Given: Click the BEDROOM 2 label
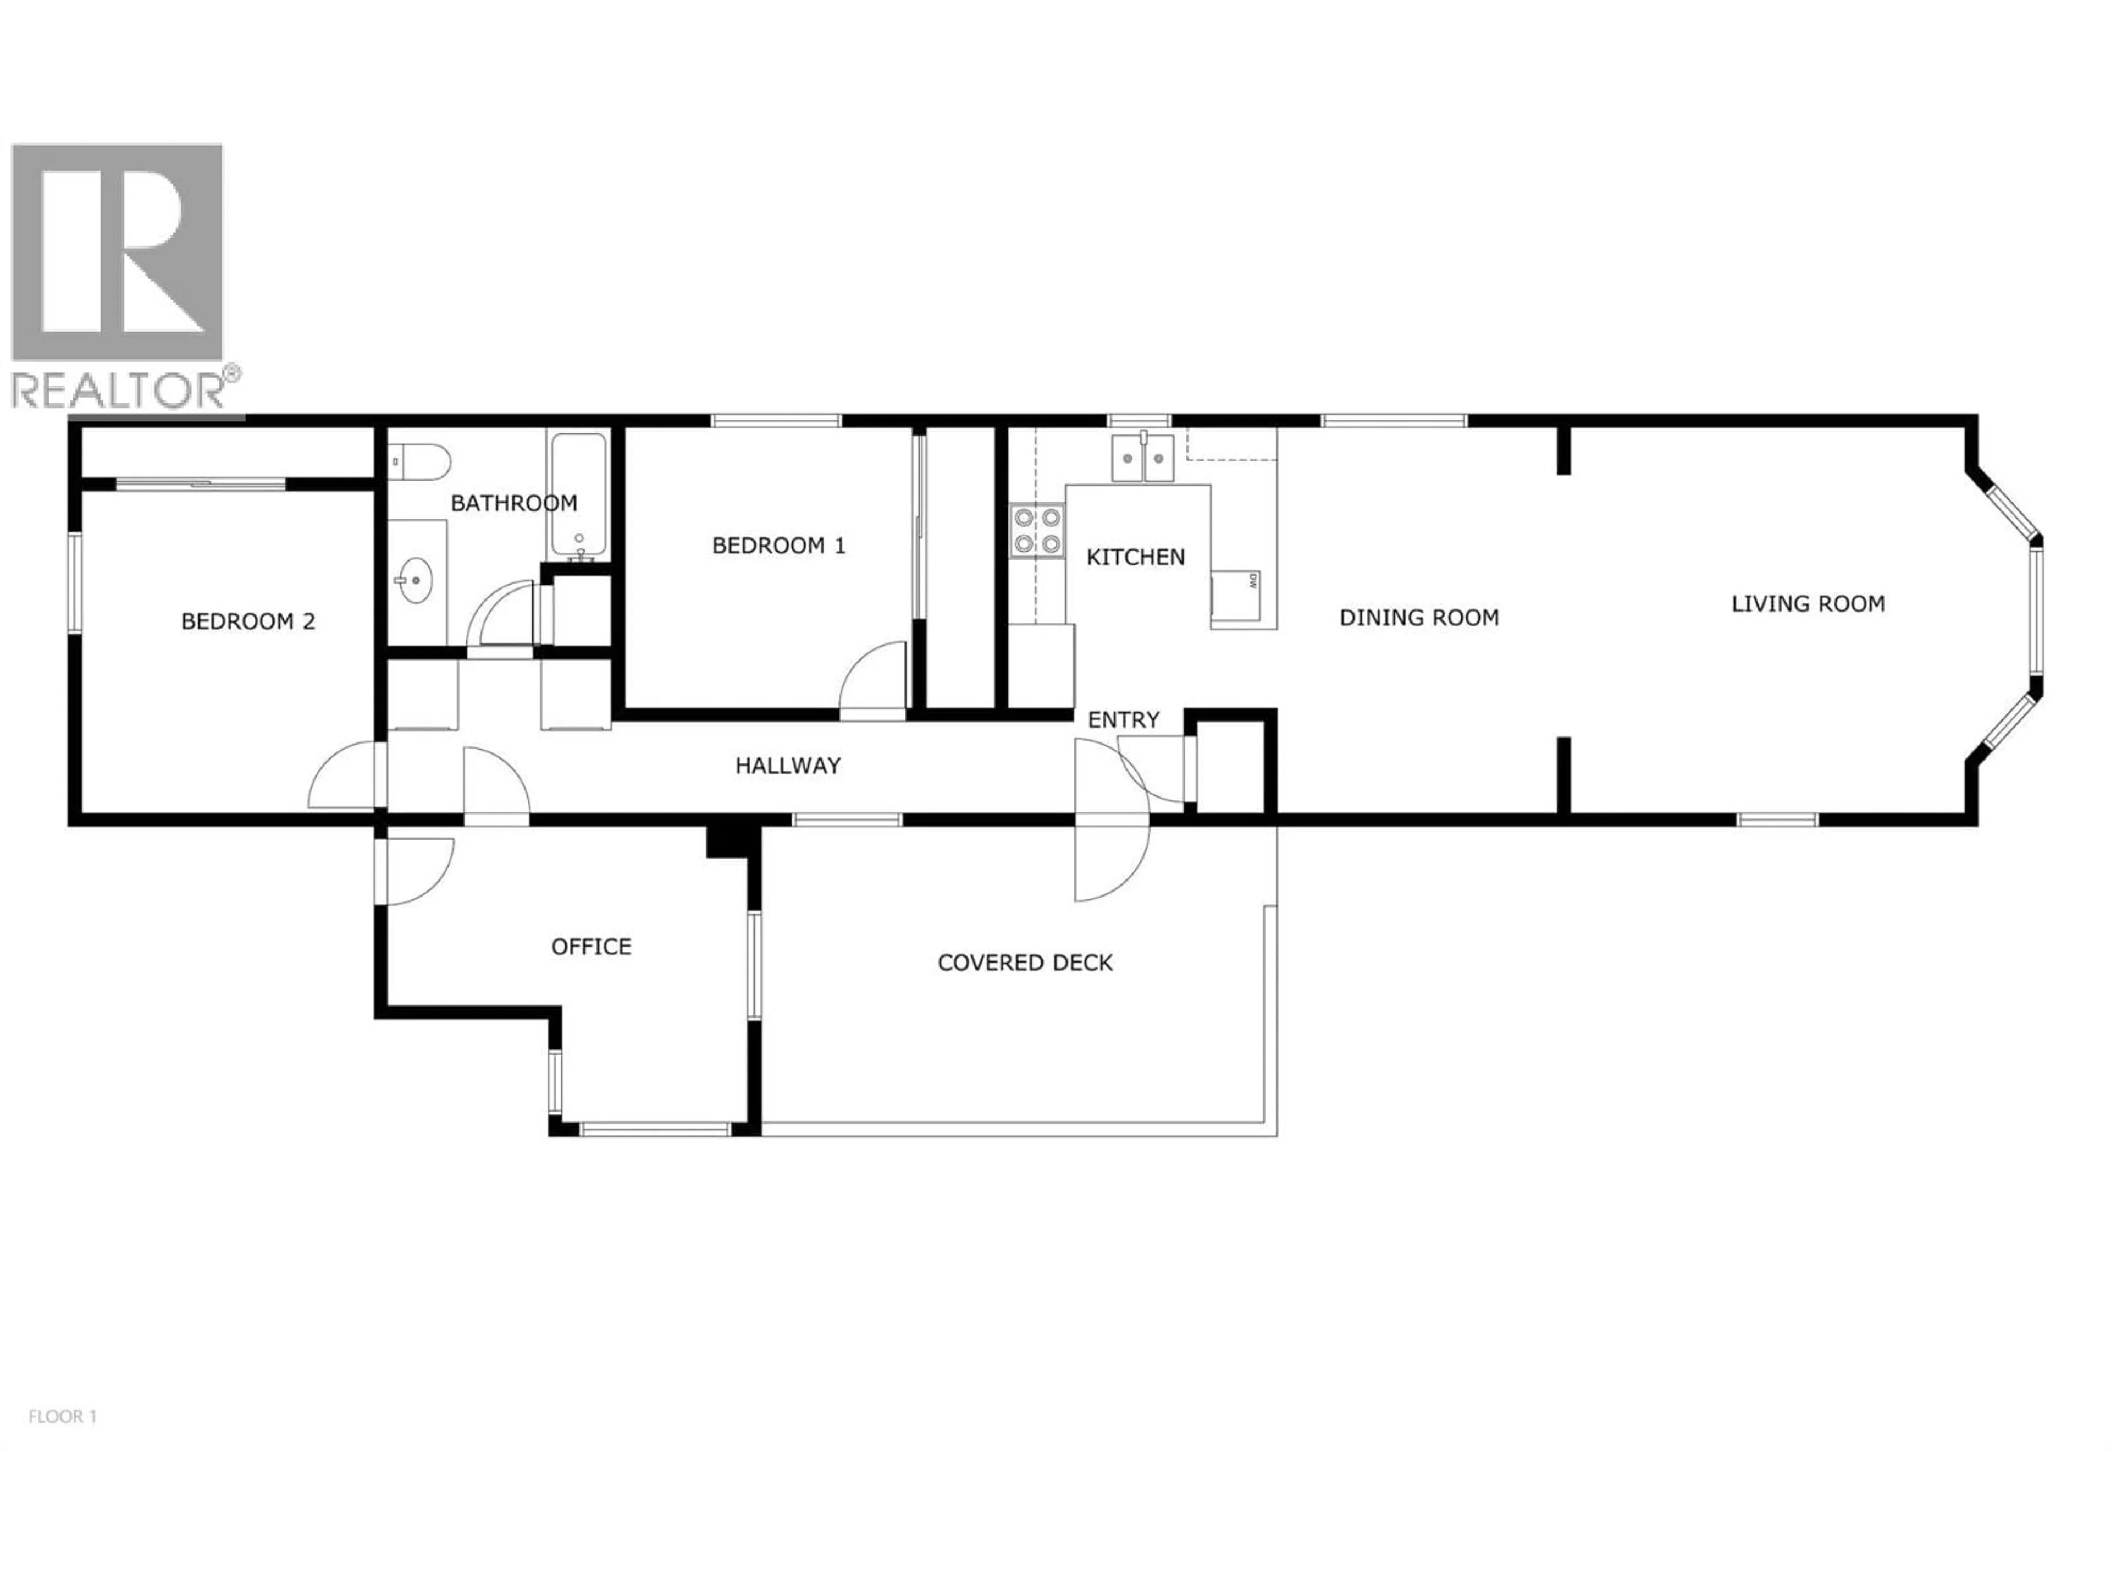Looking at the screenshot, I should [248, 621].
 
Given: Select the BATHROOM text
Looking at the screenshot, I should [513, 503].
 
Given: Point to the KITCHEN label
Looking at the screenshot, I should [1136, 557].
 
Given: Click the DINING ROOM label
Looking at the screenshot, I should [1419, 618].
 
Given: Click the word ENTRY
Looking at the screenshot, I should [1123, 720].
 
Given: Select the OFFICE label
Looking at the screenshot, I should [591, 946].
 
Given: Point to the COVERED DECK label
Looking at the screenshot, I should [1025, 963].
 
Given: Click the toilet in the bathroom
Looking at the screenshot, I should [420, 462].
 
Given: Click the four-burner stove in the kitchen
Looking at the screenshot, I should [1037, 531].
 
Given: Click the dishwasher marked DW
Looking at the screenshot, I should [1236, 595].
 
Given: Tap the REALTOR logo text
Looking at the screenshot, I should [119, 389].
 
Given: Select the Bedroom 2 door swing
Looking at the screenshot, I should [345, 776].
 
